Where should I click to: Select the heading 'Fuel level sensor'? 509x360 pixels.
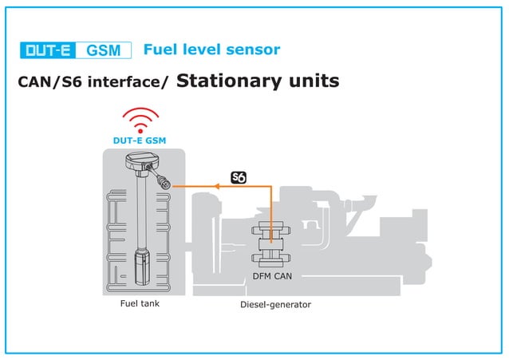coord(211,49)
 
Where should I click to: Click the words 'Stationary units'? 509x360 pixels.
coord(258,81)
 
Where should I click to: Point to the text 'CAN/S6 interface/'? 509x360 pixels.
coord(93,82)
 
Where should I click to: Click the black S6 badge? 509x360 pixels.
coord(238,177)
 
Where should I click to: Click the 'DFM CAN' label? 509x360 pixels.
coord(272,276)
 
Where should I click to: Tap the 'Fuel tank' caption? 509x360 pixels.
coord(140,303)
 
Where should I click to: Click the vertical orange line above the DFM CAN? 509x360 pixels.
coord(271,208)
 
